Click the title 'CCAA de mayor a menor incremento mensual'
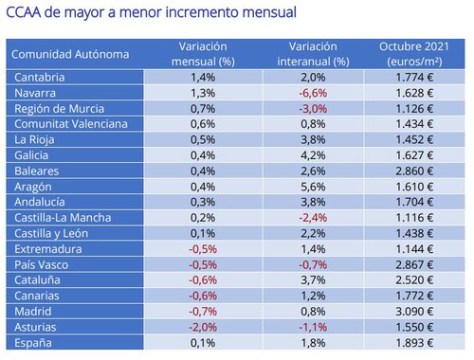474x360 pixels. [151, 14]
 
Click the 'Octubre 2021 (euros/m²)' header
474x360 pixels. [414, 54]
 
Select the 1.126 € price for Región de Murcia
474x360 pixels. [414, 108]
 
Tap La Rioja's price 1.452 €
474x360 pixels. [414, 140]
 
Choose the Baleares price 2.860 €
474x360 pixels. [414, 171]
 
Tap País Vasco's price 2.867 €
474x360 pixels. [414, 266]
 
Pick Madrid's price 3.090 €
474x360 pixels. [414, 314]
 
